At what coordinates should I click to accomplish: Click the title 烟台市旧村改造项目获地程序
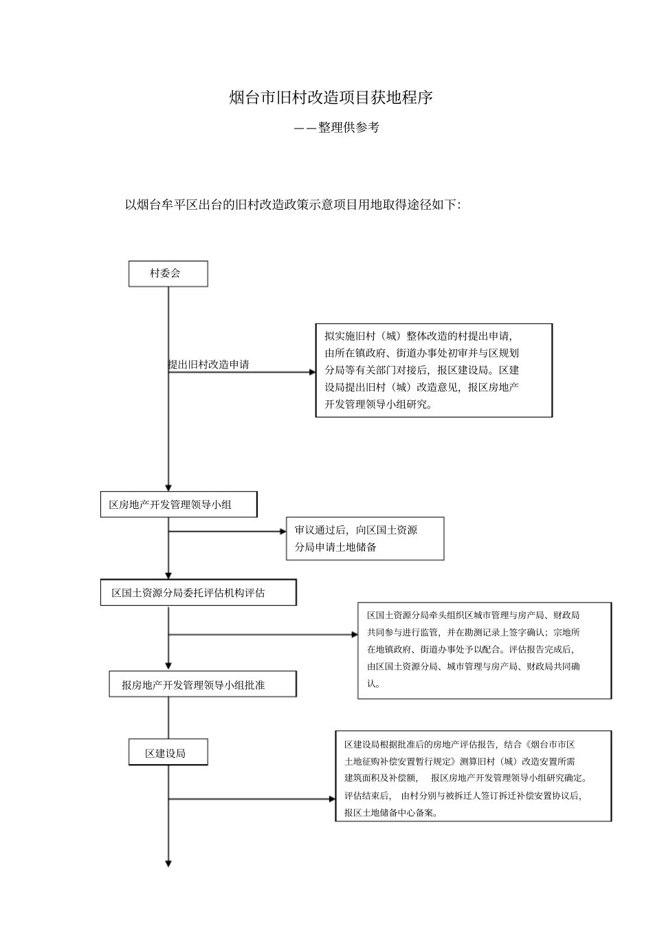pos(331,98)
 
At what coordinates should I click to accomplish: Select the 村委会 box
pos(168,273)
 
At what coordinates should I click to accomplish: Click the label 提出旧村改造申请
pos(209,364)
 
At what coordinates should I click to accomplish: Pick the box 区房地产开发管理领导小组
pos(178,504)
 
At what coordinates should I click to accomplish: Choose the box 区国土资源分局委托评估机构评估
pos(198,592)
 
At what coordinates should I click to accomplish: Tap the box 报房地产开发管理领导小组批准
pos(202,684)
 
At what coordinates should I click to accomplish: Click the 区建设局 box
pos(168,753)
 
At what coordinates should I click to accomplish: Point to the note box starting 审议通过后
pos(365,538)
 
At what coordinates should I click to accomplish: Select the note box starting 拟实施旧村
pos(434,370)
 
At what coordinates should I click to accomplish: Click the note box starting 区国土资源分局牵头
pos(484,650)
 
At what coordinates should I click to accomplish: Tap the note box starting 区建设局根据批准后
pos(473,776)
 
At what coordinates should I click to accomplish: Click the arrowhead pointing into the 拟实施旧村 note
pos(311,373)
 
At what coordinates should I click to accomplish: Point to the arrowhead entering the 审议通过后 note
pos(283,531)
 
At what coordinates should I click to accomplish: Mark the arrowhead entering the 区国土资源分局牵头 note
pos(354,634)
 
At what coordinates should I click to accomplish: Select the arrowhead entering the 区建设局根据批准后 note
pos(332,799)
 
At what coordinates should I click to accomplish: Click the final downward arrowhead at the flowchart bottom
pos(168,863)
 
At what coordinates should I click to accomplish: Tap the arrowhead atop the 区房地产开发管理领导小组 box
pos(168,487)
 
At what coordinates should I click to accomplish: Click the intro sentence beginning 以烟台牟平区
pos(292,204)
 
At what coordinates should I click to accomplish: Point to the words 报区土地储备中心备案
pos(390,812)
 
